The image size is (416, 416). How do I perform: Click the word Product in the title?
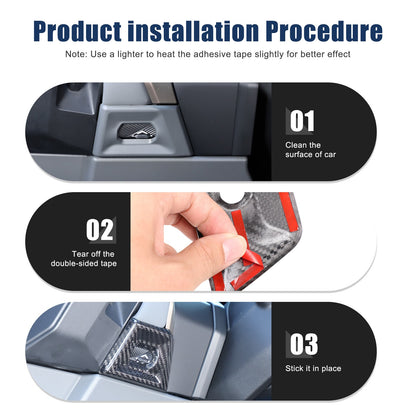pyautogui.click(x=77, y=31)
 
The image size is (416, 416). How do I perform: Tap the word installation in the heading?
pyautogui.click(x=193, y=31)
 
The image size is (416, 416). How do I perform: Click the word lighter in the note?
pyautogui.click(x=131, y=54)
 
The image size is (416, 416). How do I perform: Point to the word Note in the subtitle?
pyautogui.click(x=75, y=54)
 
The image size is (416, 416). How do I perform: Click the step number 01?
pyautogui.click(x=302, y=121)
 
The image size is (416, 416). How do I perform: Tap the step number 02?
pyautogui.click(x=99, y=230)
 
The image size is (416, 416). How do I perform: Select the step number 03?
pyautogui.click(x=303, y=344)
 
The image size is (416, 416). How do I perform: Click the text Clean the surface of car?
pyautogui.click(x=310, y=150)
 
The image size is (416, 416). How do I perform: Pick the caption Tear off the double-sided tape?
pyautogui.click(x=84, y=259)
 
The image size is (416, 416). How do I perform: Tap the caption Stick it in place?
pyautogui.click(x=313, y=368)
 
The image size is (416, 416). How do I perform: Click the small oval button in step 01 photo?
pyautogui.click(x=137, y=132)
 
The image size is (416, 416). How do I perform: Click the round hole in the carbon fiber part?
pyautogui.click(x=235, y=197)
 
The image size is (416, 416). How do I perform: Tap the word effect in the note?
pyautogui.click(x=338, y=54)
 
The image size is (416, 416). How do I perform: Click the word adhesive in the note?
pyautogui.click(x=211, y=54)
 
